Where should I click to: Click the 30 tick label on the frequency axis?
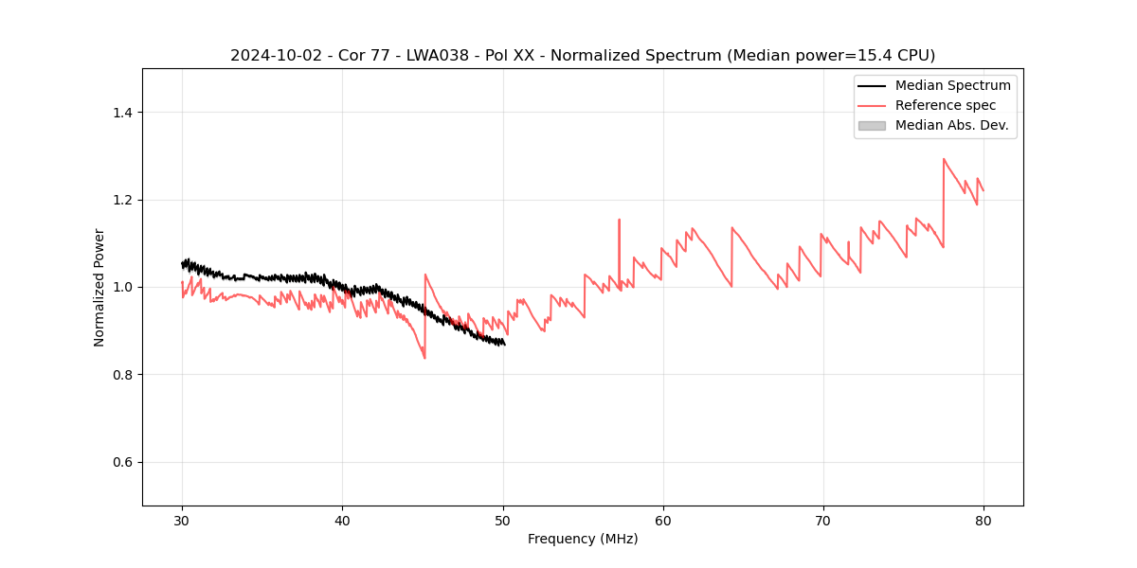coord(182,520)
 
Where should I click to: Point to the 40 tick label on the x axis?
coord(342,520)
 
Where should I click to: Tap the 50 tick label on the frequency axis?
coord(502,520)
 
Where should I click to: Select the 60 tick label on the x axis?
coord(662,520)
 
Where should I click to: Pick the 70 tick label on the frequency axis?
coord(822,520)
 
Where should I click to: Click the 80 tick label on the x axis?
coord(983,520)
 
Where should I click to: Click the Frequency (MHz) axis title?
coord(583,539)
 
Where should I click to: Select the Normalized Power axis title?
coord(99,287)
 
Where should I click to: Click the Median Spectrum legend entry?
coord(952,85)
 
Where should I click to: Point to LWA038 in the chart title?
coord(424,56)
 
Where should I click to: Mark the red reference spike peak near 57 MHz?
coord(619,220)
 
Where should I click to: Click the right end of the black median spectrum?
coord(504,345)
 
